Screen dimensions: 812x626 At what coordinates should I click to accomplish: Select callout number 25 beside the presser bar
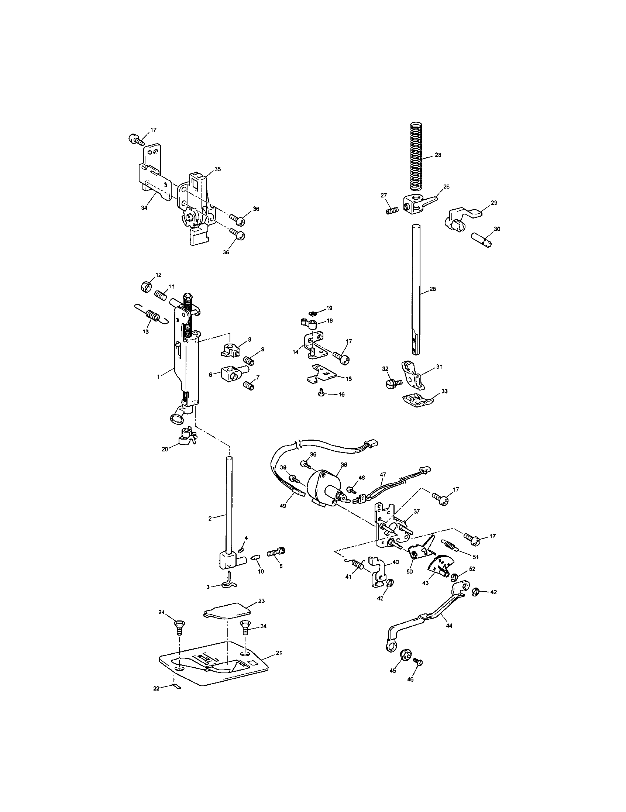433,289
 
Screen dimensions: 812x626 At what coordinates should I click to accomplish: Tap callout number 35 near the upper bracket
217,169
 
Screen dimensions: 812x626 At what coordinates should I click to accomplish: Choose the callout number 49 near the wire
282,506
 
